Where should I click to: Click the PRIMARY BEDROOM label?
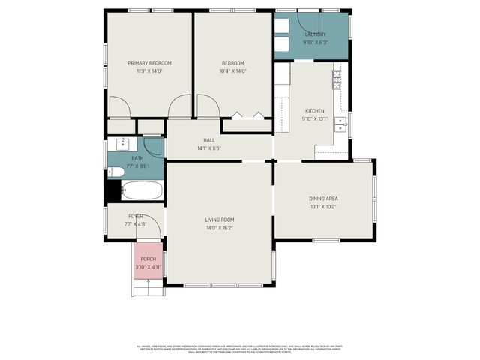pyautogui.click(x=149, y=63)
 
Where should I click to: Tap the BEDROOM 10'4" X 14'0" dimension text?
pyautogui.click(x=233, y=71)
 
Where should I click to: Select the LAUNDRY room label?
pyautogui.click(x=314, y=34)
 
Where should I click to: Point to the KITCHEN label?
pyautogui.click(x=314, y=110)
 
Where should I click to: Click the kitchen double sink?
pyautogui.click(x=340, y=124)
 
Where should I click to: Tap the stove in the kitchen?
pyautogui.click(x=337, y=76)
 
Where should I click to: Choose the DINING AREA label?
pyautogui.click(x=323, y=199)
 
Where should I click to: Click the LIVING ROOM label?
pyautogui.click(x=220, y=220)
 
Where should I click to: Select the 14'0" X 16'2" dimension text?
pyautogui.click(x=220, y=228)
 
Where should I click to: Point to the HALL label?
pyautogui.click(x=209, y=140)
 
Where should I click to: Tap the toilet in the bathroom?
pyautogui.click(x=115, y=172)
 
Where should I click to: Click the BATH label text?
pyautogui.click(x=137, y=158)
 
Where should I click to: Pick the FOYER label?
pyautogui.click(x=135, y=216)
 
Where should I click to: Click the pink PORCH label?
pyautogui.click(x=148, y=259)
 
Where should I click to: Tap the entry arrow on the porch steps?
pyautogui.click(x=148, y=282)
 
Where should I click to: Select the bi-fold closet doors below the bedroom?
pyautogui.click(x=247, y=115)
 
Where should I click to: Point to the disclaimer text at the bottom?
pyautogui.click(x=240, y=348)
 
